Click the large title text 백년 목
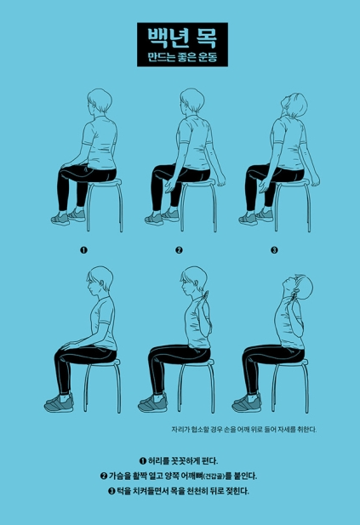[x=182, y=37]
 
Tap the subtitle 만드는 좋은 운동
[x=182, y=57]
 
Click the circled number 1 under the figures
[x=83, y=250]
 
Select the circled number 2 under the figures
[x=180, y=250]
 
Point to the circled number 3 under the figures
[x=274, y=250]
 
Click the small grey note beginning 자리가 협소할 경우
[x=243, y=430]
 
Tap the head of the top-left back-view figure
[x=100, y=100]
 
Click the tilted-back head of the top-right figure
[x=294, y=105]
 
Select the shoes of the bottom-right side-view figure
[x=247, y=402]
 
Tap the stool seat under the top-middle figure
[x=197, y=182]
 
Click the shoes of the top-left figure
[x=68, y=217]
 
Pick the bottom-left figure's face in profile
[x=92, y=286]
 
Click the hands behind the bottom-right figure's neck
[x=295, y=294]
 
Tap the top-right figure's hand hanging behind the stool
[x=315, y=180]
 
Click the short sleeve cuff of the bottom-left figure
[x=104, y=322]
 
